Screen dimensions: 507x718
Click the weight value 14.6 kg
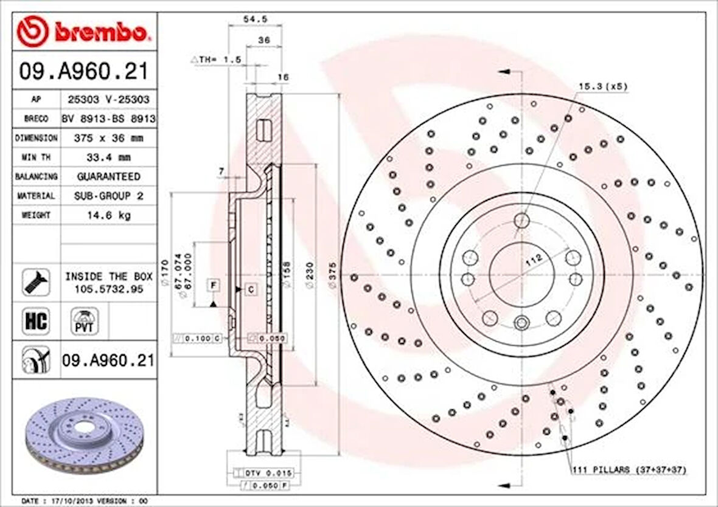108,215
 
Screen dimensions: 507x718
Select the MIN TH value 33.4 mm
108,157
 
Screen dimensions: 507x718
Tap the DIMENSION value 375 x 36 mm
108,138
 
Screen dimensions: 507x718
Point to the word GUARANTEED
108,176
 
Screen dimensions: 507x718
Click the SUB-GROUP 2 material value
108,196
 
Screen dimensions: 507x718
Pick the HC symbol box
37,320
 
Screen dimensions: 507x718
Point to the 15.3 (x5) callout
602,87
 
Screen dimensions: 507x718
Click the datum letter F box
214,285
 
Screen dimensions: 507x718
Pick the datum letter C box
251,290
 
